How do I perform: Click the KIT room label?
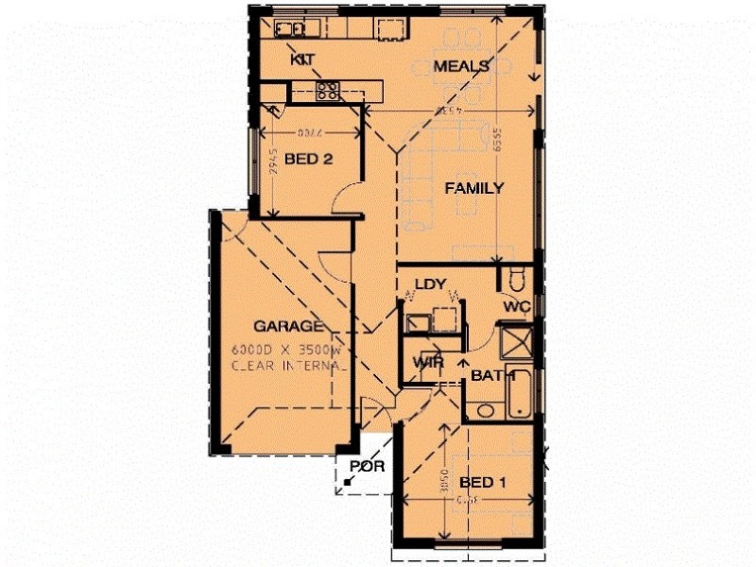302,60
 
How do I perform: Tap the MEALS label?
461,66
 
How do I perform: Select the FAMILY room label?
473,188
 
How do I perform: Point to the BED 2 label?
308,160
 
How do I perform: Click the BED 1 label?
483,483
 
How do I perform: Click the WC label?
515,306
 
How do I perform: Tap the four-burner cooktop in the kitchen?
328,92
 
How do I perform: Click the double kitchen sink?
287,28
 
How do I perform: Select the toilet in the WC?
516,280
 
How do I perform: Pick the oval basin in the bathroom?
485,410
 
